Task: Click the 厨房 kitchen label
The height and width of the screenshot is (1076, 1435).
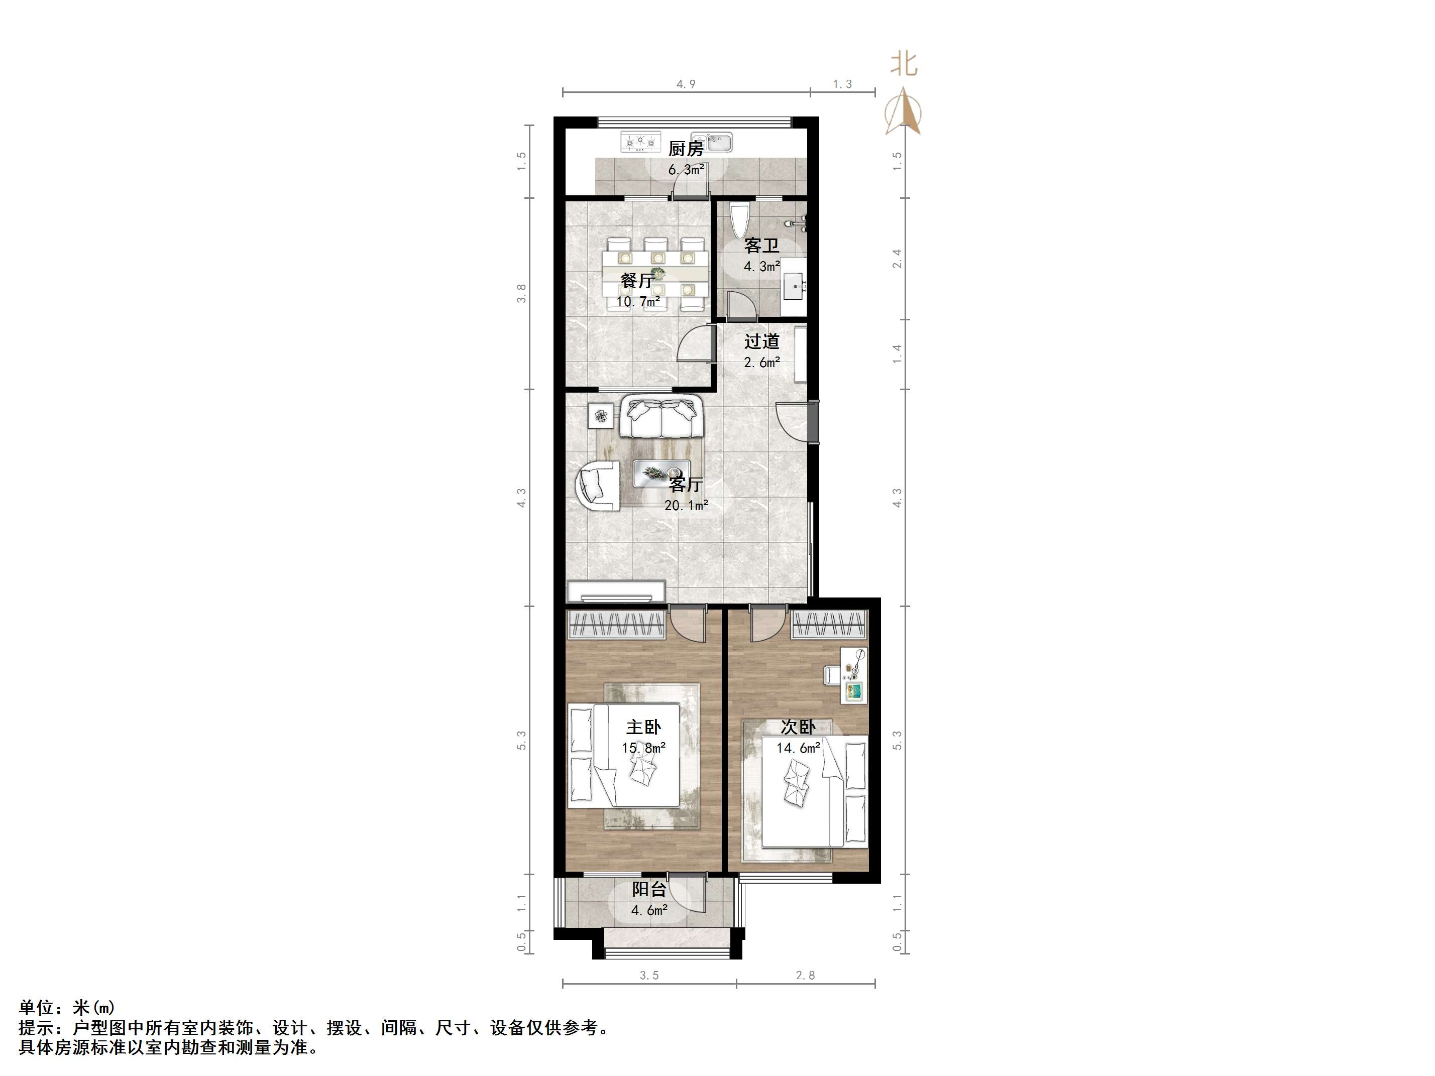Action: pos(686,149)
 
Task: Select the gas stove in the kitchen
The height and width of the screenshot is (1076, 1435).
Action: pos(640,142)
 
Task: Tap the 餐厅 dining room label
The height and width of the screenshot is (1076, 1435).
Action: pos(637,281)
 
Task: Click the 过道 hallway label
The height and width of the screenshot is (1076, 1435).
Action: pos(761,341)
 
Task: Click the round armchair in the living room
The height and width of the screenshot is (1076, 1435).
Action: pos(143,485)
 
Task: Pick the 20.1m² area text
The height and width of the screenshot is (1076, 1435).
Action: pos(686,505)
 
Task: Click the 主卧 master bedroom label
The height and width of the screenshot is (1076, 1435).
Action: pos(643,727)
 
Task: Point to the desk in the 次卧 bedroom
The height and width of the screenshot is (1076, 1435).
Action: pos(854,674)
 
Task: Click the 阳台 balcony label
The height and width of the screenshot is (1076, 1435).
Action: pos(649,889)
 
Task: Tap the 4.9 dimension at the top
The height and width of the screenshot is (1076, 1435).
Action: pos(686,84)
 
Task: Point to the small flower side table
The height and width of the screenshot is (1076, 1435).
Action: pos(601,415)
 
